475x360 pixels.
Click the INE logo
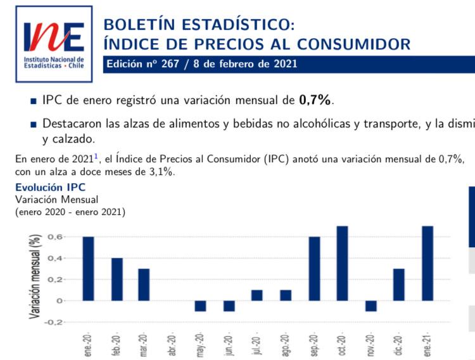point(54,44)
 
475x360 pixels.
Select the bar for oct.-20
point(342,263)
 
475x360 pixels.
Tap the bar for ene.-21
point(427,263)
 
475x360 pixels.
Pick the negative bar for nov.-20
point(370,306)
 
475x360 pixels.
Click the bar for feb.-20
point(117,280)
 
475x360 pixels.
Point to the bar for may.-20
point(200,306)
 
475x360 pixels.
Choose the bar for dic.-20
point(398,285)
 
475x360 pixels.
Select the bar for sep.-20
point(314,269)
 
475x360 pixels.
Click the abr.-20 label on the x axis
point(172,345)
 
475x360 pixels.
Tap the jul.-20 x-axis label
point(257,345)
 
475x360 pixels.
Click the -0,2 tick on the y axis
point(53,322)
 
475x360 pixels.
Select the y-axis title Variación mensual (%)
point(35,276)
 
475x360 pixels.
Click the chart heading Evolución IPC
point(50,187)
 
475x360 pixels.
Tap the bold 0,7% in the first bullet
point(315,100)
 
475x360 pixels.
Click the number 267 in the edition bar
point(170,64)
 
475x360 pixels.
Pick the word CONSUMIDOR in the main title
point(353,44)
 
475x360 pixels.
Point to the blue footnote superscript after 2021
point(96,156)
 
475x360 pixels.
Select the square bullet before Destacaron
point(34,125)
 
